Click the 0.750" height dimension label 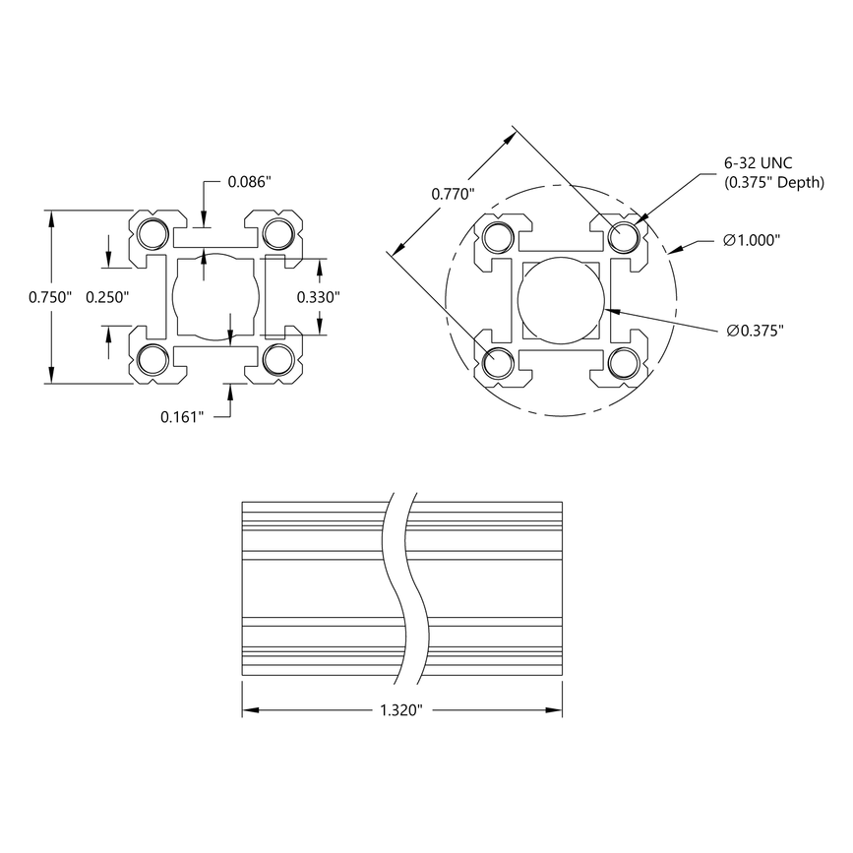coord(50,298)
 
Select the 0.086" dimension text coord(251,182)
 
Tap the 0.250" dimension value coord(107,298)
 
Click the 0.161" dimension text coord(183,417)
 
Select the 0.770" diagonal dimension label coord(454,194)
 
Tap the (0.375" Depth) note coord(773,183)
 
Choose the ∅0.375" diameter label coord(754,332)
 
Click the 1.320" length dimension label coord(400,709)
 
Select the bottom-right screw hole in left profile coord(278,360)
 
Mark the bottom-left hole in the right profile coord(498,363)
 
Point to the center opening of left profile coord(216,297)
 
